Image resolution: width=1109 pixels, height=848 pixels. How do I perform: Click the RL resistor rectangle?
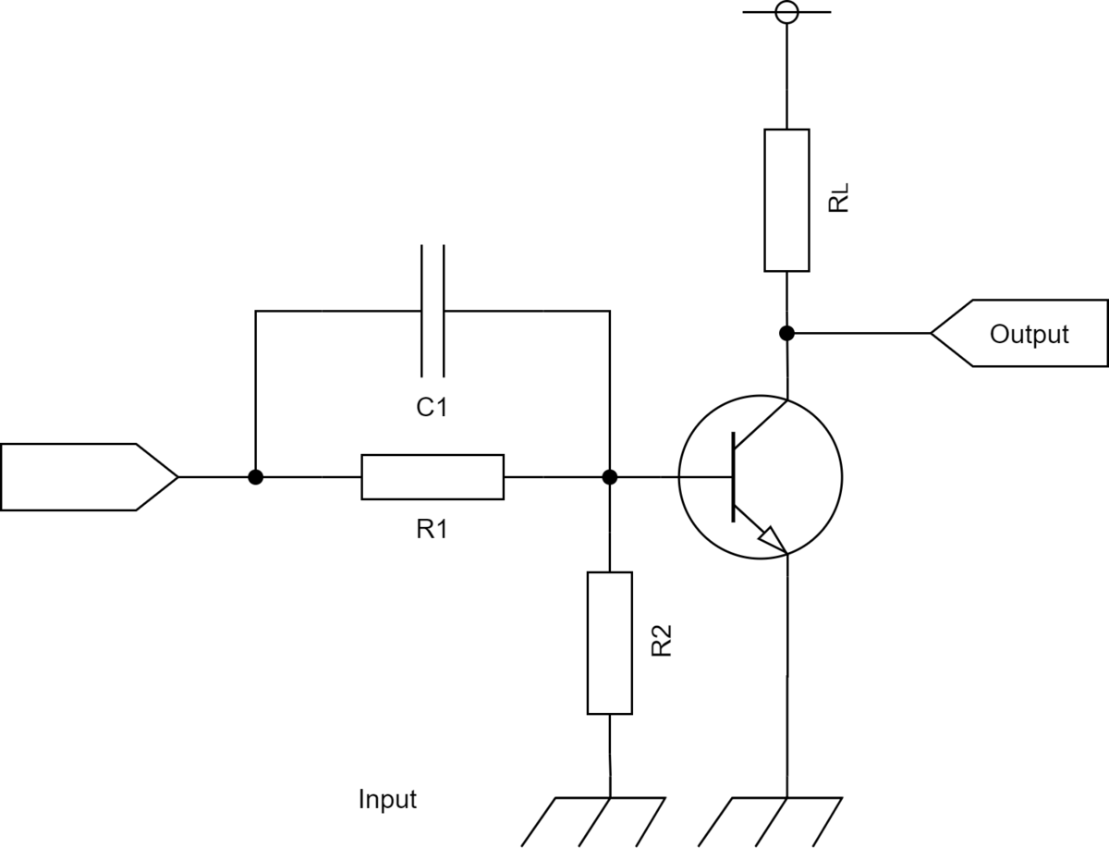[x=786, y=200]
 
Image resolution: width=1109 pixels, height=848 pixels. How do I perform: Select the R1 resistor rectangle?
[x=433, y=477]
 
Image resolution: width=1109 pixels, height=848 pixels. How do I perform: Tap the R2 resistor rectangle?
[x=610, y=644]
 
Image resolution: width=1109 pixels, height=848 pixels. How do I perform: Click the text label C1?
[x=432, y=407]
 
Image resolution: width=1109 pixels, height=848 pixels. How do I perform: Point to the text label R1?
[x=432, y=530]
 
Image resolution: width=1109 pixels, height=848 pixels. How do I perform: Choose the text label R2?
[x=662, y=641]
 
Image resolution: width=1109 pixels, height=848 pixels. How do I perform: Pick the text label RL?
[x=839, y=198]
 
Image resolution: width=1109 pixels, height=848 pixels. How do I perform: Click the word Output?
[x=1030, y=334]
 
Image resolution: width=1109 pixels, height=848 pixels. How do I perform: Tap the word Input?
[x=387, y=799]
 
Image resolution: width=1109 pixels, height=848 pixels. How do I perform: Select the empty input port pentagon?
[x=89, y=477]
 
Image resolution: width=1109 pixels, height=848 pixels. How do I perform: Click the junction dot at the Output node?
[x=786, y=334]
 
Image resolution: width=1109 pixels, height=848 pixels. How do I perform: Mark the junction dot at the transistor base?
[x=610, y=477]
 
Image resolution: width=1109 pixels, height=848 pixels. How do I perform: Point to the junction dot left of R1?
[x=256, y=477]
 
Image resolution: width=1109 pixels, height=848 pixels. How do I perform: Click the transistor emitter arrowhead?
[x=773, y=540]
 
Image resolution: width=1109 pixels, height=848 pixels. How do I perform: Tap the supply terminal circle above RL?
[x=786, y=12]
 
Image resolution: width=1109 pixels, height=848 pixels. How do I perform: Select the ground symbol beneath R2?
[x=593, y=822]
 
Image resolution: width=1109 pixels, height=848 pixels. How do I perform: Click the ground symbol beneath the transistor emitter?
[x=771, y=822]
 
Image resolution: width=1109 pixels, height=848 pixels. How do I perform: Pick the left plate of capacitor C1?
[x=421, y=311]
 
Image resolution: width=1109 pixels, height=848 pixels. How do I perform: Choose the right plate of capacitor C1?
[x=445, y=311]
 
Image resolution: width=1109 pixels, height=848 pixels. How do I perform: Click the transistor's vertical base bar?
[x=733, y=477]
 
